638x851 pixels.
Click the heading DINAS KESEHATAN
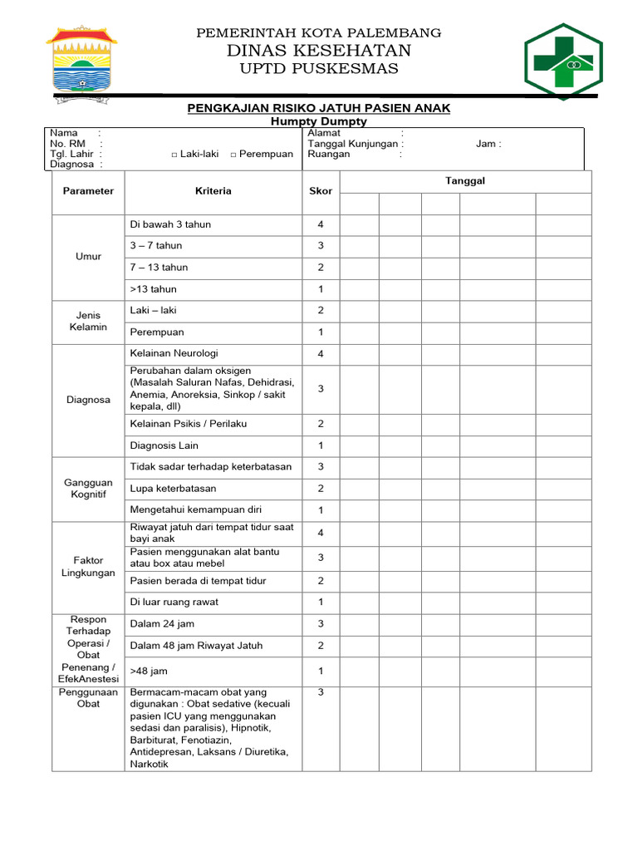(319, 51)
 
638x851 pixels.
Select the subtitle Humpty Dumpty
(319, 121)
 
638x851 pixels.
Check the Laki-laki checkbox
(174, 155)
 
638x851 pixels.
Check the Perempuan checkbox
(233, 155)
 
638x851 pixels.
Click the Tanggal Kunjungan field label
(356, 144)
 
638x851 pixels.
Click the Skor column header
(321, 191)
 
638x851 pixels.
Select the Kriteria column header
(213, 191)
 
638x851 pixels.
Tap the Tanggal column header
(465, 181)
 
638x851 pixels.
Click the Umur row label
(88, 257)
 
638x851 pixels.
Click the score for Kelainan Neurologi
(321, 354)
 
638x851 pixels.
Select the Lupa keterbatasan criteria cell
(173, 489)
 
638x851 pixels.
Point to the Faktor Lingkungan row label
(88, 567)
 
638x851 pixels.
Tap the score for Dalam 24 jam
(321, 624)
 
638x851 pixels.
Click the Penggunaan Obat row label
(88, 698)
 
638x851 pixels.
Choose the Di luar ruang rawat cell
(174, 602)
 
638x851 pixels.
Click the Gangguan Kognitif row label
(88, 489)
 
